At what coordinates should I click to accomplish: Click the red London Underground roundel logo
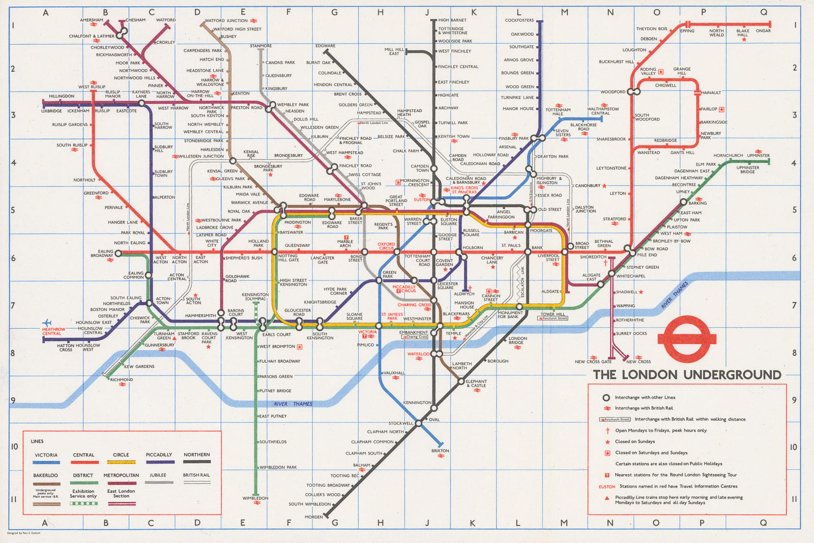pos(687,339)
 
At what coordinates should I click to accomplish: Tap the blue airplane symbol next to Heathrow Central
pos(48,323)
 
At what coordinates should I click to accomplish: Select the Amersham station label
pos(92,20)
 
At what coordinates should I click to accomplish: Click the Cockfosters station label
pos(519,20)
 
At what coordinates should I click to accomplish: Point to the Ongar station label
pos(763,31)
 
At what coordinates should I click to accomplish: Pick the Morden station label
pos(313,517)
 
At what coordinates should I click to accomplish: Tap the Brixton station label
pos(440,451)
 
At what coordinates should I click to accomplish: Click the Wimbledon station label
pos(255,498)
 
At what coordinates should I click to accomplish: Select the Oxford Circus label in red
pos(386,246)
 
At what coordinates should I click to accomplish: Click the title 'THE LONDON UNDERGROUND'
pos(686,375)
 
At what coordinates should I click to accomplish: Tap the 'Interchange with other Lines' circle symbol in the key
pos(606,397)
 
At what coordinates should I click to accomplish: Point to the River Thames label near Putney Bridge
pos(293,404)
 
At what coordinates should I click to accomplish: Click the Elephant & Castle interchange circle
pos(461,381)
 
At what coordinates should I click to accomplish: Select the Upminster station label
pos(759,156)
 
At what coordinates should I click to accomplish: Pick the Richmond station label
pos(122,380)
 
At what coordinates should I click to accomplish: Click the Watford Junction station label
pos(226,21)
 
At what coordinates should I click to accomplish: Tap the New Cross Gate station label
pos(593,362)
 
